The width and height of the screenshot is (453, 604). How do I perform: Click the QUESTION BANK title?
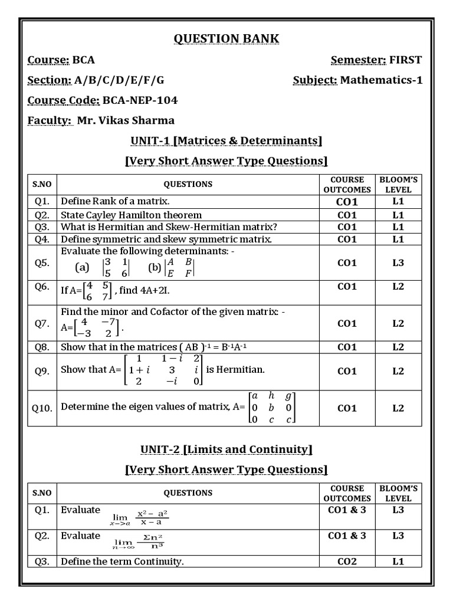pyautogui.click(x=226, y=39)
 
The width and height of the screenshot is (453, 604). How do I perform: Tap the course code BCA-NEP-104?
pyautogui.click(x=140, y=100)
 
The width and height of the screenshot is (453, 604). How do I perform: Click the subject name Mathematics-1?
pyautogui.click(x=382, y=80)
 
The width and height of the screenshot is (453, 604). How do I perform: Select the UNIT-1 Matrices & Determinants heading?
pyautogui.click(x=226, y=140)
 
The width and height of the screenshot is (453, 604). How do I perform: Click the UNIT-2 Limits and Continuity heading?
pyautogui.click(x=226, y=449)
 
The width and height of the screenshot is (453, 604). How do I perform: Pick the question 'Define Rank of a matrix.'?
pyautogui.click(x=115, y=201)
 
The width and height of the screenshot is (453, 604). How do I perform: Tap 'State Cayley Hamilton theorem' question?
pyautogui.click(x=131, y=215)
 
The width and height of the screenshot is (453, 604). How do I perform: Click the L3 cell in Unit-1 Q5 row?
pyautogui.click(x=398, y=262)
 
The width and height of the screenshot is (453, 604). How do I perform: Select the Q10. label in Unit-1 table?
pyautogui.click(x=42, y=408)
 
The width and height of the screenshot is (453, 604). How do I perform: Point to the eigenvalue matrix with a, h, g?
pyautogui.click(x=272, y=408)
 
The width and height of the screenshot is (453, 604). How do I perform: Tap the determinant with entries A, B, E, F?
pyautogui.click(x=179, y=268)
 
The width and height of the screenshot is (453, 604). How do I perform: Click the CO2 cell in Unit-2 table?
pyautogui.click(x=347, y=561)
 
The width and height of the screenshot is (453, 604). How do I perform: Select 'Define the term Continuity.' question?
pyautogui.click(x=122, y=561)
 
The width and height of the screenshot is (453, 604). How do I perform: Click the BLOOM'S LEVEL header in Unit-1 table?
pyautogui.click(x=398, y=184)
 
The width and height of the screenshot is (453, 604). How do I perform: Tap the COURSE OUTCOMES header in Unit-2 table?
pyautogui.click(x=347, y=493)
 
